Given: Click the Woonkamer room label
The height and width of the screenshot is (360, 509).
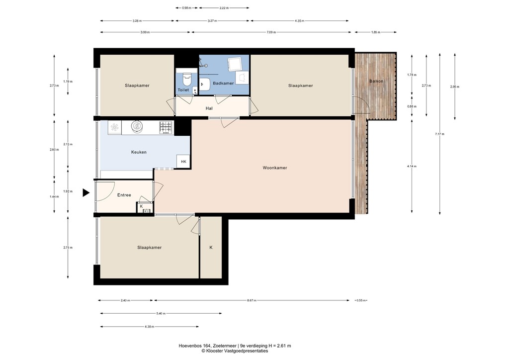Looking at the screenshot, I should [275, 168].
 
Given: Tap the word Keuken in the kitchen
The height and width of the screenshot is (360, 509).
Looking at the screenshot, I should [139, 152].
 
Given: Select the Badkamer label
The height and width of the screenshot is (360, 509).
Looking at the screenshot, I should [223, 84].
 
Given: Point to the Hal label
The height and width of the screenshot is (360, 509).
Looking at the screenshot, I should [209, 108].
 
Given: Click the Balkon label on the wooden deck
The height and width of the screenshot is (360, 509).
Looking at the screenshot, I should [376, 81].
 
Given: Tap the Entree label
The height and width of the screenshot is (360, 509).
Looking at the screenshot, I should [124, 195].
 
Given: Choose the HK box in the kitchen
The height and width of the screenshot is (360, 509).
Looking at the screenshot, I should [183, 162].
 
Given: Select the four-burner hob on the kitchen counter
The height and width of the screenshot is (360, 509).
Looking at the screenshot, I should [166, 127].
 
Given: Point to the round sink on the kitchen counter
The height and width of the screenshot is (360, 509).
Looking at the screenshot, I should [136, 127].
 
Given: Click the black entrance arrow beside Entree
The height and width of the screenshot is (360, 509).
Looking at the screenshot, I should [86, 192].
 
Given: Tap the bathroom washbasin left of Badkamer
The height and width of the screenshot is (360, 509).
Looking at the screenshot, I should [204, 85].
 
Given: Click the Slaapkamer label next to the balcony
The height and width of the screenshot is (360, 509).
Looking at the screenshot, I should [301, 86].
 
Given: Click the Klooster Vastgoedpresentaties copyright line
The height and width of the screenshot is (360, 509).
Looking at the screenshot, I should [235, 351].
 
